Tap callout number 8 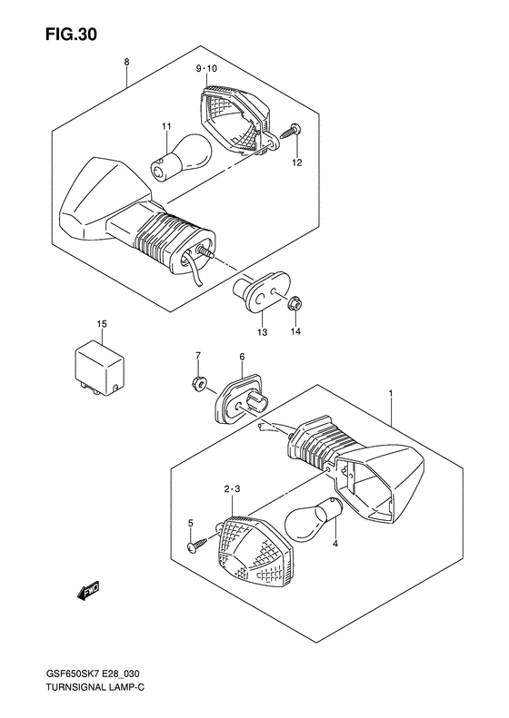click(x=126, y=63)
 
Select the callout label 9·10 click(x=206, y=69)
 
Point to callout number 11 click(x=166, y=125)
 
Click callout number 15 click(x=103, y=323)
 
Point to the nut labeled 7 click(x=195, y=383)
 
